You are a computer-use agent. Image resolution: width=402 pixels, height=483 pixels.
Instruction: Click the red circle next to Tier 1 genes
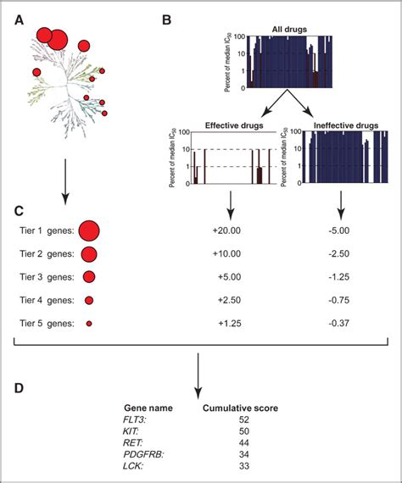89,230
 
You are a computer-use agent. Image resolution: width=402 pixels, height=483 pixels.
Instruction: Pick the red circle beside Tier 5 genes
88,323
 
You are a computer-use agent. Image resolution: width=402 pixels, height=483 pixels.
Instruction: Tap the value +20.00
232,230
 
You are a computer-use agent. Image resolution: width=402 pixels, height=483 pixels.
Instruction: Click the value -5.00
341,230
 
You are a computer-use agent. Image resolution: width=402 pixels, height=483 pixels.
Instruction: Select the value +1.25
232,323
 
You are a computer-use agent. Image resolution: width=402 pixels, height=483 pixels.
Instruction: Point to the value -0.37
341,323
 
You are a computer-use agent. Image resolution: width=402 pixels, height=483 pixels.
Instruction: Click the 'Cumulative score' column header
241,408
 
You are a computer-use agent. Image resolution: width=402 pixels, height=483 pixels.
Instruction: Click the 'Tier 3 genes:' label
44,276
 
